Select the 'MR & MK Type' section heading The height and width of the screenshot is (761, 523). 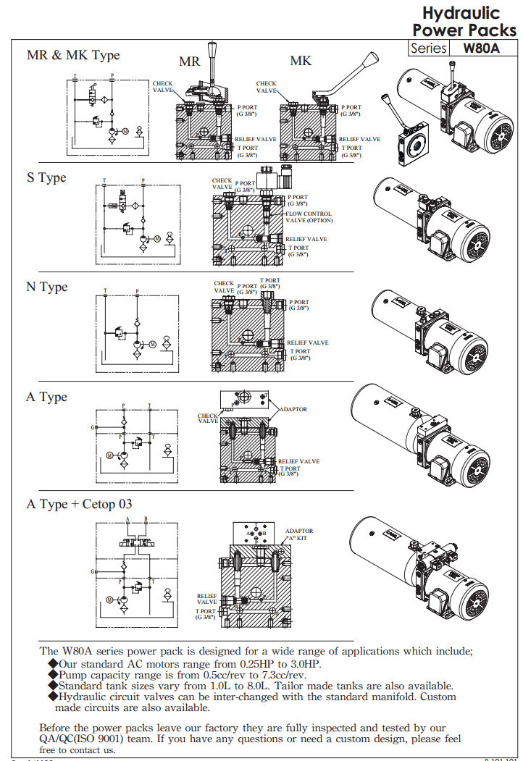[73, 55]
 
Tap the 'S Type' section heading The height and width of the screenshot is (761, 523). [46, 177]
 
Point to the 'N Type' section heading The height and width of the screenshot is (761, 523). [46, 287]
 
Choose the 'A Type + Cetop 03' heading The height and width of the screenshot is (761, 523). [80, 503]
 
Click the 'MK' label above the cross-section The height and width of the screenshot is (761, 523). [301, 61]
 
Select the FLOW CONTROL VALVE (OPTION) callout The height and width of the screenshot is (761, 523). [309, 217]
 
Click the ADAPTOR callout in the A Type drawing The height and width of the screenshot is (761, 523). [293, 409]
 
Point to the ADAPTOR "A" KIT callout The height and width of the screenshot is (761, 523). [299, 535]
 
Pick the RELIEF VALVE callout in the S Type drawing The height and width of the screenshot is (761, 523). [306, 239]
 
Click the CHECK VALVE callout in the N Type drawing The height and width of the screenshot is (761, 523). [224, 287]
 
